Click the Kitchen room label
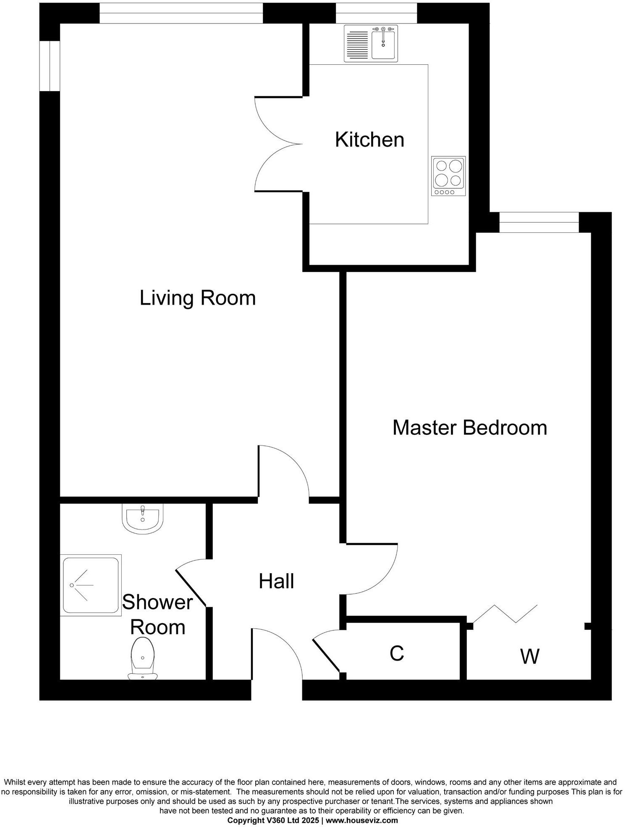tap(369, 140)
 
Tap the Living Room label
tap(197, 298)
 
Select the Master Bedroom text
tap(469, 428)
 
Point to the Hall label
tap(276, 582)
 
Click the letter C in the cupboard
tap(396, 653)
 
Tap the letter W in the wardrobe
tap(529, 656)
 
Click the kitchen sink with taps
tap(371, 43)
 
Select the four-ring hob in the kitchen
tap(448, 176)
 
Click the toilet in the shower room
tap(142, 658)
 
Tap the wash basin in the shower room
tap(142, 519)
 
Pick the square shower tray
tap(90, 585)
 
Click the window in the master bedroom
tap(539, 222)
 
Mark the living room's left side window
tap(50, 66)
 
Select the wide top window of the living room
tap(181, 13)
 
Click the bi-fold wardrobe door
tap(506, 614)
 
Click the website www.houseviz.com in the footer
tap(361, 820)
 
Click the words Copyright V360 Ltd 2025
tap(273, 820)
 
